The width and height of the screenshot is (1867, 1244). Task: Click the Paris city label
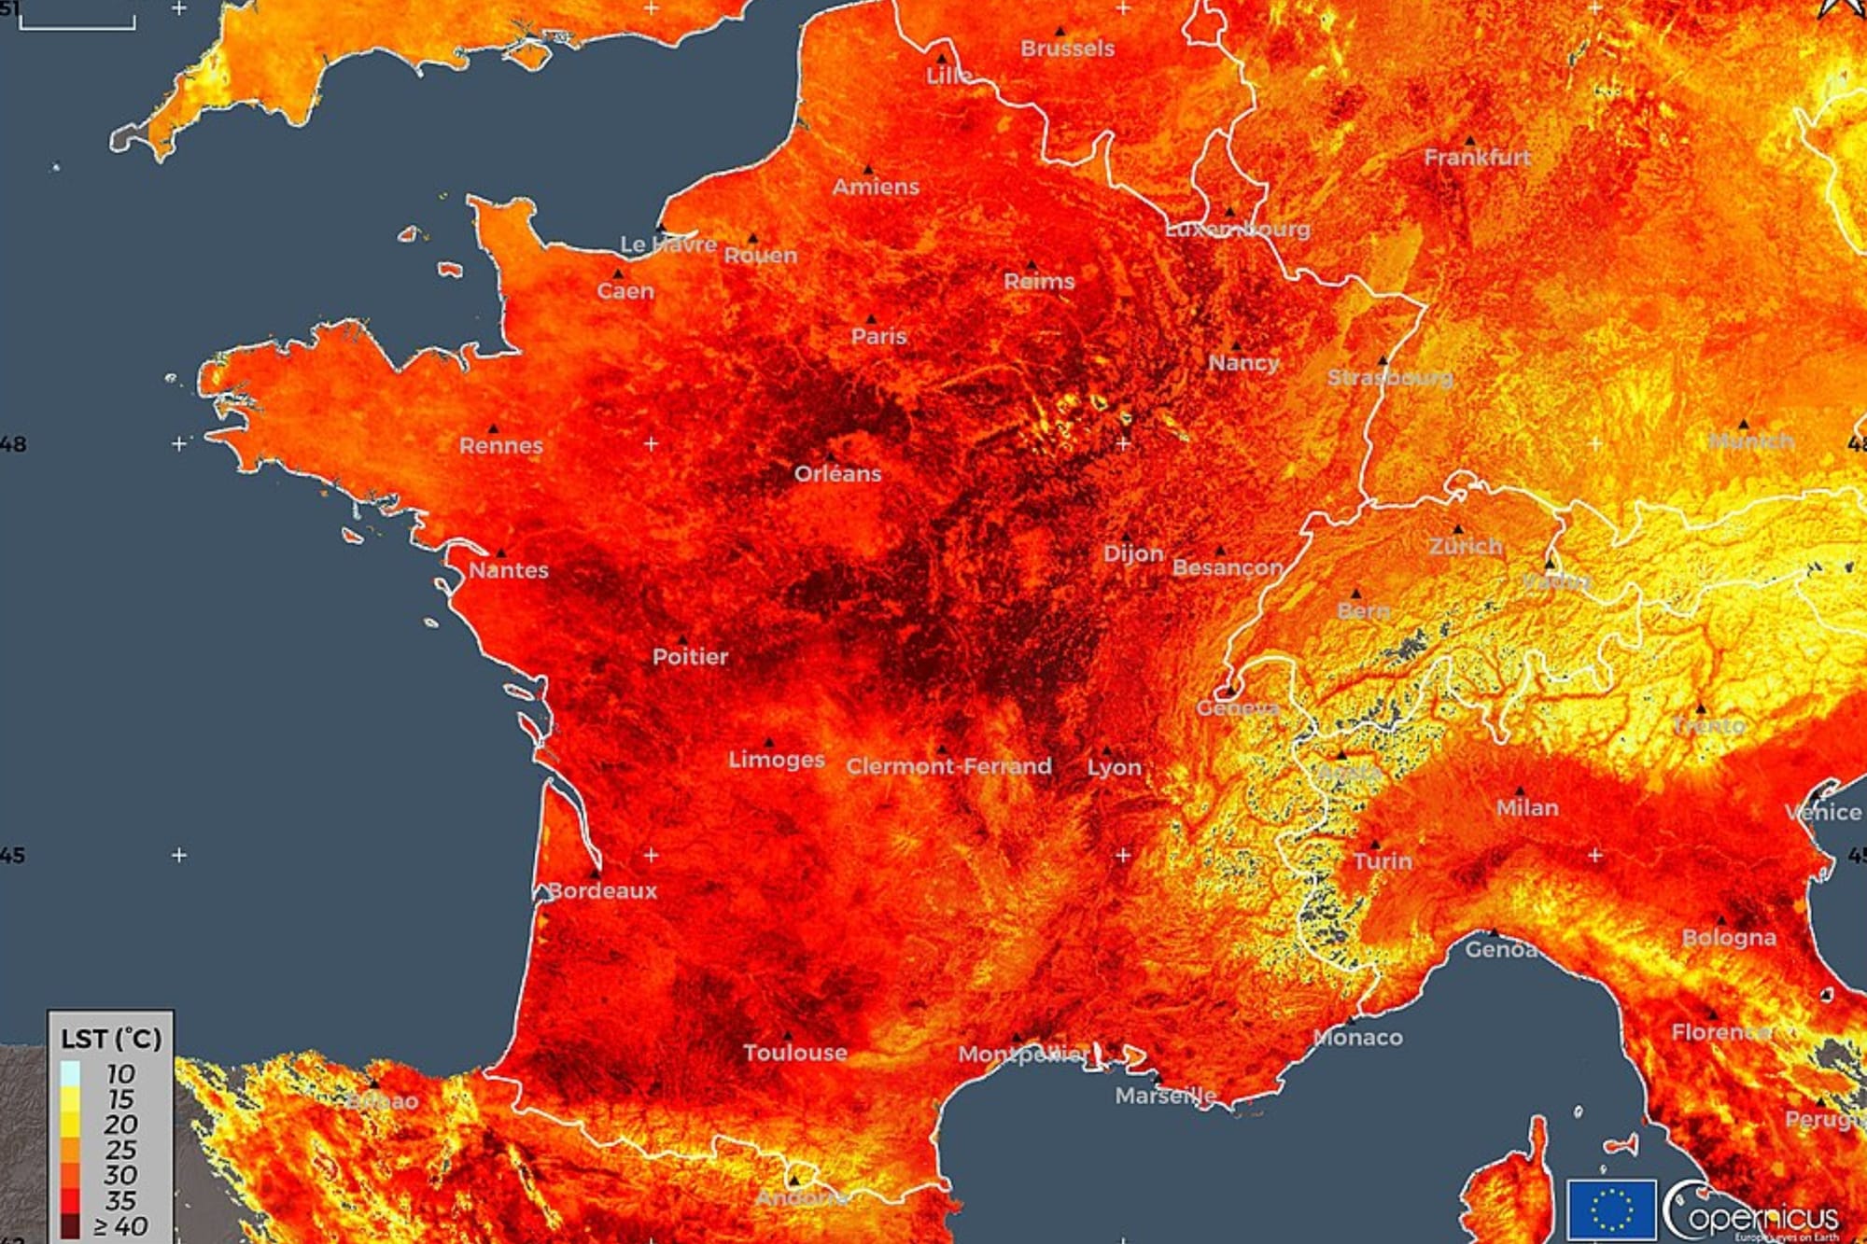click(x=878, y=336)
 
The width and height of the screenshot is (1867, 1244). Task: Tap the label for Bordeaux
click(x=602, y=890)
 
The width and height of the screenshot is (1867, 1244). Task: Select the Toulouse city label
click(x=795, y=1053)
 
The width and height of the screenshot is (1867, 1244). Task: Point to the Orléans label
click(x=837, y=473)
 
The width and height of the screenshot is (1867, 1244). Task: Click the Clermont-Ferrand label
click(x=948, y=766)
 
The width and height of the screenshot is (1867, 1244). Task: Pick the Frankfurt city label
click(x=1477, y=158)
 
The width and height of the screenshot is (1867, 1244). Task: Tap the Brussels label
click(x=1067, y=49)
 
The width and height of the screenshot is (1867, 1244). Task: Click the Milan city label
click(x=1527, y=807)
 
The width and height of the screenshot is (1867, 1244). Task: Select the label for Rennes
click(x=500, y=445)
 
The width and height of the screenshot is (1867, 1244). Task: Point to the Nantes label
click(x=508, y=569)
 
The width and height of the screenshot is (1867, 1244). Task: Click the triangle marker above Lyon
click(x=1107, y=750)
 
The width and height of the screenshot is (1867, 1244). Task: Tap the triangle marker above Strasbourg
click(x=1383, y=360)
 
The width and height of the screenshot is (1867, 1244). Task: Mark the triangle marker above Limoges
click(x=769, y=743)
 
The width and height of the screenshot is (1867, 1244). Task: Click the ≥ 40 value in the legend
click(x=120, y=1226)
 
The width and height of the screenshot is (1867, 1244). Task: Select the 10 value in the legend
click(x=120, y=1073)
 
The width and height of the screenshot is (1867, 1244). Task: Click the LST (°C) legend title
click(x=111, y=1039)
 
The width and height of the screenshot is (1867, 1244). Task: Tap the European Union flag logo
click(x=1611, y=1210)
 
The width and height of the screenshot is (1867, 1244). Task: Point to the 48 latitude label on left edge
click(x=13, y=443)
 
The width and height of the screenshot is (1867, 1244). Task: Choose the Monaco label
click(x=1357, y=1037)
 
